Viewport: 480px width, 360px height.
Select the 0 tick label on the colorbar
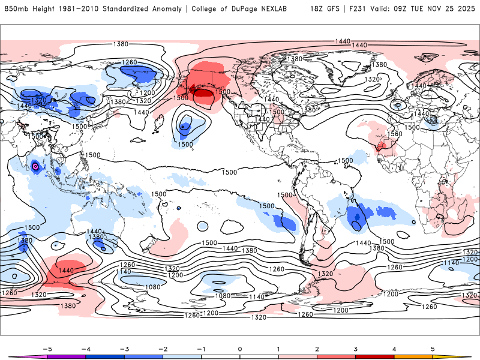tap(240, 349)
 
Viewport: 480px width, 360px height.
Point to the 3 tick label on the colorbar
tap(356, 349)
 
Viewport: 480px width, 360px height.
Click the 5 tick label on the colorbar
tap(433, 349)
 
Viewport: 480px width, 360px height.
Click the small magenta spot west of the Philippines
tap(35, 166)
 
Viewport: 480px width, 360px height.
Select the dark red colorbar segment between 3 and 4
tap(375, 357)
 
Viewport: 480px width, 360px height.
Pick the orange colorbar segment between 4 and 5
tap(413, 357)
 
